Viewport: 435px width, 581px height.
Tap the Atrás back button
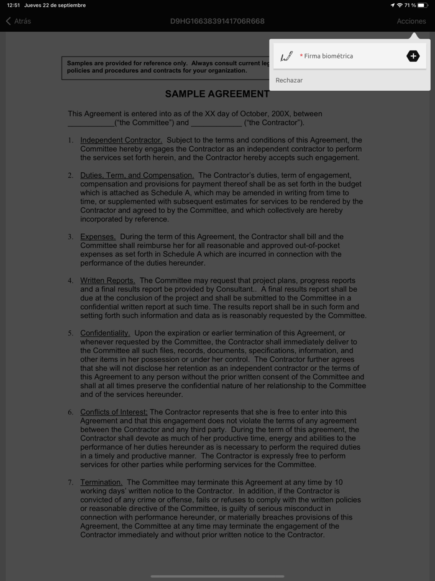pos(19,21)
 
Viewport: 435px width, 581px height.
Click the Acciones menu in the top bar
pos(411,21)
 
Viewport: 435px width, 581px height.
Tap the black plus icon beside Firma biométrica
pos(413,56)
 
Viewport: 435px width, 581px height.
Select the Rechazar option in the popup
pos(289,80)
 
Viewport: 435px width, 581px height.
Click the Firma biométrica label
pos(328,56)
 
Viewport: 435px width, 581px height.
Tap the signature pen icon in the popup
pos(286,57)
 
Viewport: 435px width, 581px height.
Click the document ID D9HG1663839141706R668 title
pos(217,21)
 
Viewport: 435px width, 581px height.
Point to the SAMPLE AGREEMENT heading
pos(217,95)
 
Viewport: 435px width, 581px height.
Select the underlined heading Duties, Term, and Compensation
pos(137,175)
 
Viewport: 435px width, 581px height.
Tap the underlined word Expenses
pos(98,237)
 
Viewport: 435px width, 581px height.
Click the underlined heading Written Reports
pos(108,281)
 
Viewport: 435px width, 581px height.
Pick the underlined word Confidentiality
pos(105,333)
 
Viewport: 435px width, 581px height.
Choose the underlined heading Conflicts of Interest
pos(114,412)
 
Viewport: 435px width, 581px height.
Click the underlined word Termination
pos(101,482)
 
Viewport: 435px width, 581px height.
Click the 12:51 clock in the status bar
pos(13,6)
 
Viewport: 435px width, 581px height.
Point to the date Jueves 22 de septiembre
pos(55,6)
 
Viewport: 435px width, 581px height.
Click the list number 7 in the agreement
pos(70,483)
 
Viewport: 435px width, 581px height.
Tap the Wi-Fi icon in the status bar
pos(400,6)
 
